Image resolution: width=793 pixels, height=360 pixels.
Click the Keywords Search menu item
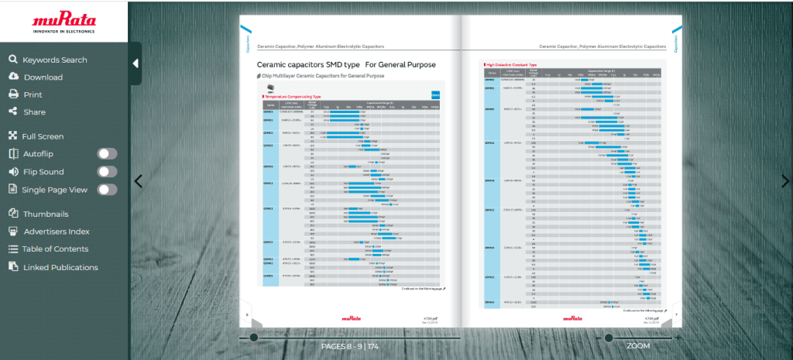(x=54, y=60)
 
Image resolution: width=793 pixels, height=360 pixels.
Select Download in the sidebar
(x=43, y=77)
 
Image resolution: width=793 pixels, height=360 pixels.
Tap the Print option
(x=33, y=94)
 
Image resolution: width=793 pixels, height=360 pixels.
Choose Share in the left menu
(x=34, y=112)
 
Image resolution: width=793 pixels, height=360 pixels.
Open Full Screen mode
(x=43, y=136)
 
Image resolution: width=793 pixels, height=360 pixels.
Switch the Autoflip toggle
(x=107, y=154)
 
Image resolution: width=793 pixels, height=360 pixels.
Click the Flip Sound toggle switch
(x=107, y=172)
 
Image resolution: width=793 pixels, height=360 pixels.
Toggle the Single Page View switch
(x=107, y=190)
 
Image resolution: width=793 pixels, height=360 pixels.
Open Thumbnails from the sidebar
(x=45, y=214)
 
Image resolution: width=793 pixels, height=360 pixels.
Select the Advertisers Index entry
(x=57, y=231)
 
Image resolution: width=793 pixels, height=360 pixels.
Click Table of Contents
(x=54, y=249)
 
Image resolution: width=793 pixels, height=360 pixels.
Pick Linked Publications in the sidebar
(x=60, y=267)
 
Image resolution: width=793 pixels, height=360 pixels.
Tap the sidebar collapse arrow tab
(x=135, y=63)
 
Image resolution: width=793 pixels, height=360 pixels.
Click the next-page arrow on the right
(x=784, y=181)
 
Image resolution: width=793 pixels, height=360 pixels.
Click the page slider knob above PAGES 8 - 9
(x=254, y=338)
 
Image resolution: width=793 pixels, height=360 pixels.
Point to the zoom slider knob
(x=609, y=338)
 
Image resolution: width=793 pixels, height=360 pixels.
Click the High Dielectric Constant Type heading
(x=511, y=65)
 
